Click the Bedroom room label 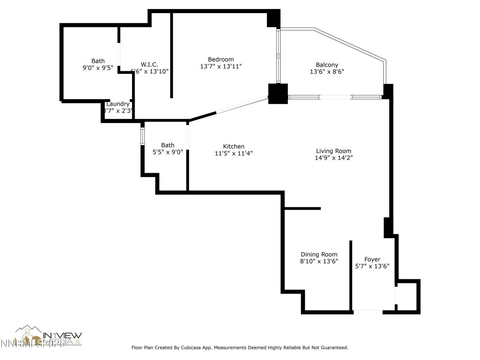pyautogui.click(x=221, y=59)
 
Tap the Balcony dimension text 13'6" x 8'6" pyautogui.click(x=327, y=72)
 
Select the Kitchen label pyautogui.click(x=234, y=146)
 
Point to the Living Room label pyautogui.click(x=333, y=151)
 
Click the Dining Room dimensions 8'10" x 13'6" pyautogui.click(x=319, y=261)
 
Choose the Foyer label pyautogui.click(x=372, y=259)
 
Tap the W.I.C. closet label pyautogui.click(x=149, y=64)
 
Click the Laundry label pyautogui.click(x=118, y=104)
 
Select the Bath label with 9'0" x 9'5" pyautogui.click(x=98, y=61)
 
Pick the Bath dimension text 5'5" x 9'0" pyautogui.click(x=168, y=152)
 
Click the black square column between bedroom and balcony pyautogui.click(x=278, y=94)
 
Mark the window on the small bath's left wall pyautogui.click(x=142, y=136)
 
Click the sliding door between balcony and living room pyautogui.click(x=335, y=97)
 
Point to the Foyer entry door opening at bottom pyautogui.click(x=368, y=310)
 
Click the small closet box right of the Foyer pyautogui.click(x=408, y=296)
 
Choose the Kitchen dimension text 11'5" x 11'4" pyautogui.click(x=234, y=153)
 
